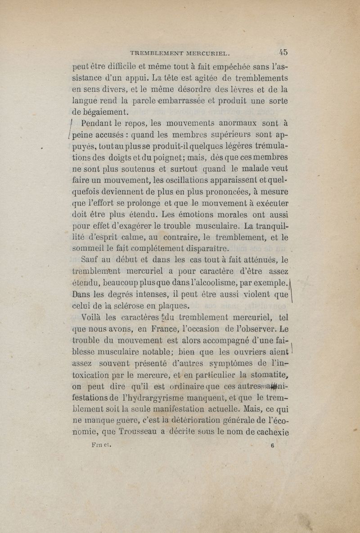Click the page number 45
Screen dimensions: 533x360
click(283, 51)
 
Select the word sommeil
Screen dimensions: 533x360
click(87, 248)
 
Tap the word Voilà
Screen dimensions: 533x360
click(91, 318)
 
